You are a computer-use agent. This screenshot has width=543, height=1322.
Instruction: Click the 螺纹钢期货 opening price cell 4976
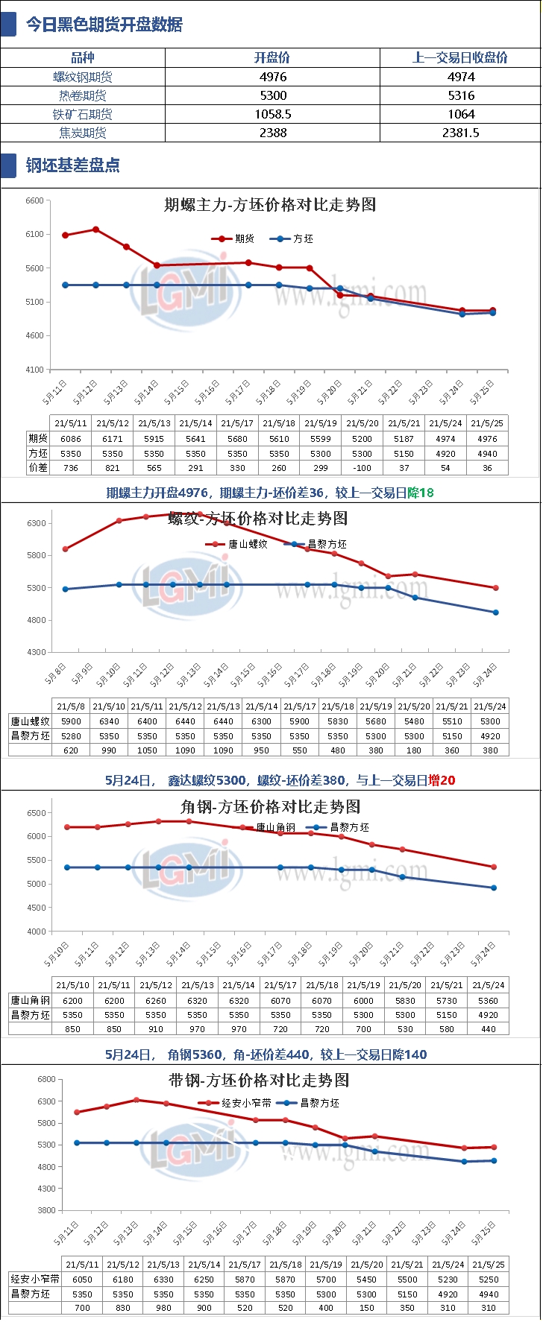[x=273, y=77]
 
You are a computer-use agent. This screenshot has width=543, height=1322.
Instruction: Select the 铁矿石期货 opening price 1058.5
[x=273, y=114]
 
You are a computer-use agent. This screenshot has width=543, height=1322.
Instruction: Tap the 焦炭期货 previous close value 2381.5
[x=461, y=133]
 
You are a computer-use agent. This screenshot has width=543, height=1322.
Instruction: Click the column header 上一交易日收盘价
[x=460, y=58]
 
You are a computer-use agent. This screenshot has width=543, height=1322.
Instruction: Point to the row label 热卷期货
[x=83, y=95]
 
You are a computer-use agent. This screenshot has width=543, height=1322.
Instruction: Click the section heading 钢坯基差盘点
[x=73, y=165]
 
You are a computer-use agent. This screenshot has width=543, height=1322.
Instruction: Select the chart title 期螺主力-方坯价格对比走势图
[x=270, y=205]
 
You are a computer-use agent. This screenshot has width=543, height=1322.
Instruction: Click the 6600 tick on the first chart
[x=34, y=200]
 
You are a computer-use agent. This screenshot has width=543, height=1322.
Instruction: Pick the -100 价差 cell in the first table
[x=362, y=468]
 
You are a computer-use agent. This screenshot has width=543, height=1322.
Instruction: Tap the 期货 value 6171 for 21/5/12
[x=113, y=439]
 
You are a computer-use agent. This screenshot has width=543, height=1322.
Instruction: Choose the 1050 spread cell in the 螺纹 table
[x=147, y=750]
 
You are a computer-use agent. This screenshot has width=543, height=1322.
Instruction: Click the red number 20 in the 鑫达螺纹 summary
[x=448, y=780]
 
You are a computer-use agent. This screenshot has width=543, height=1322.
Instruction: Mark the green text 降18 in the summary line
[x=421, y=493]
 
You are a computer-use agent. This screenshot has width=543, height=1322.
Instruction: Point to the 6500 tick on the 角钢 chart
[x=37, y=813]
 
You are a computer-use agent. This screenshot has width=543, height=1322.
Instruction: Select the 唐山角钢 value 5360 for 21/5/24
[x=489, y=1001]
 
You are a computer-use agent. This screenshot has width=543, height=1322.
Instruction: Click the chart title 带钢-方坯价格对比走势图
[x=259, y=1080]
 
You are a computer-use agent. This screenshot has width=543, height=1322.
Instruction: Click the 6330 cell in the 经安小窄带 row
[x=163, y=1279]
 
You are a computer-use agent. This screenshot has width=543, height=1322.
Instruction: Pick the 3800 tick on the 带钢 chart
[x=46, y=1210]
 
